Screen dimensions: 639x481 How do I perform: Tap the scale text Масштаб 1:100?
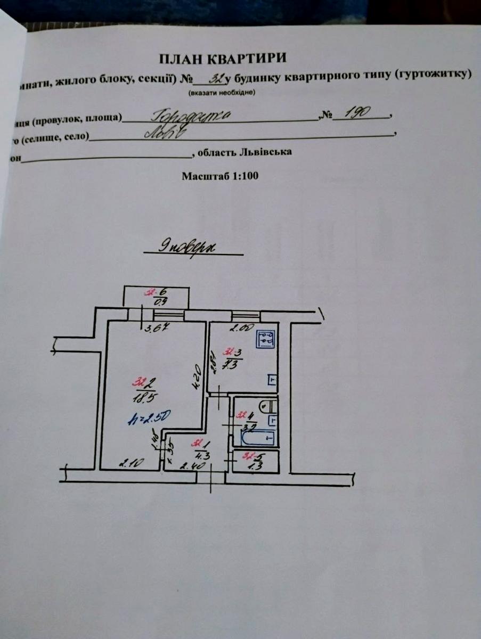220,176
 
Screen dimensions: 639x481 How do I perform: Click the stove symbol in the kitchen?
266,339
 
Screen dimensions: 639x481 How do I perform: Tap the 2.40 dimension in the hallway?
189,466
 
